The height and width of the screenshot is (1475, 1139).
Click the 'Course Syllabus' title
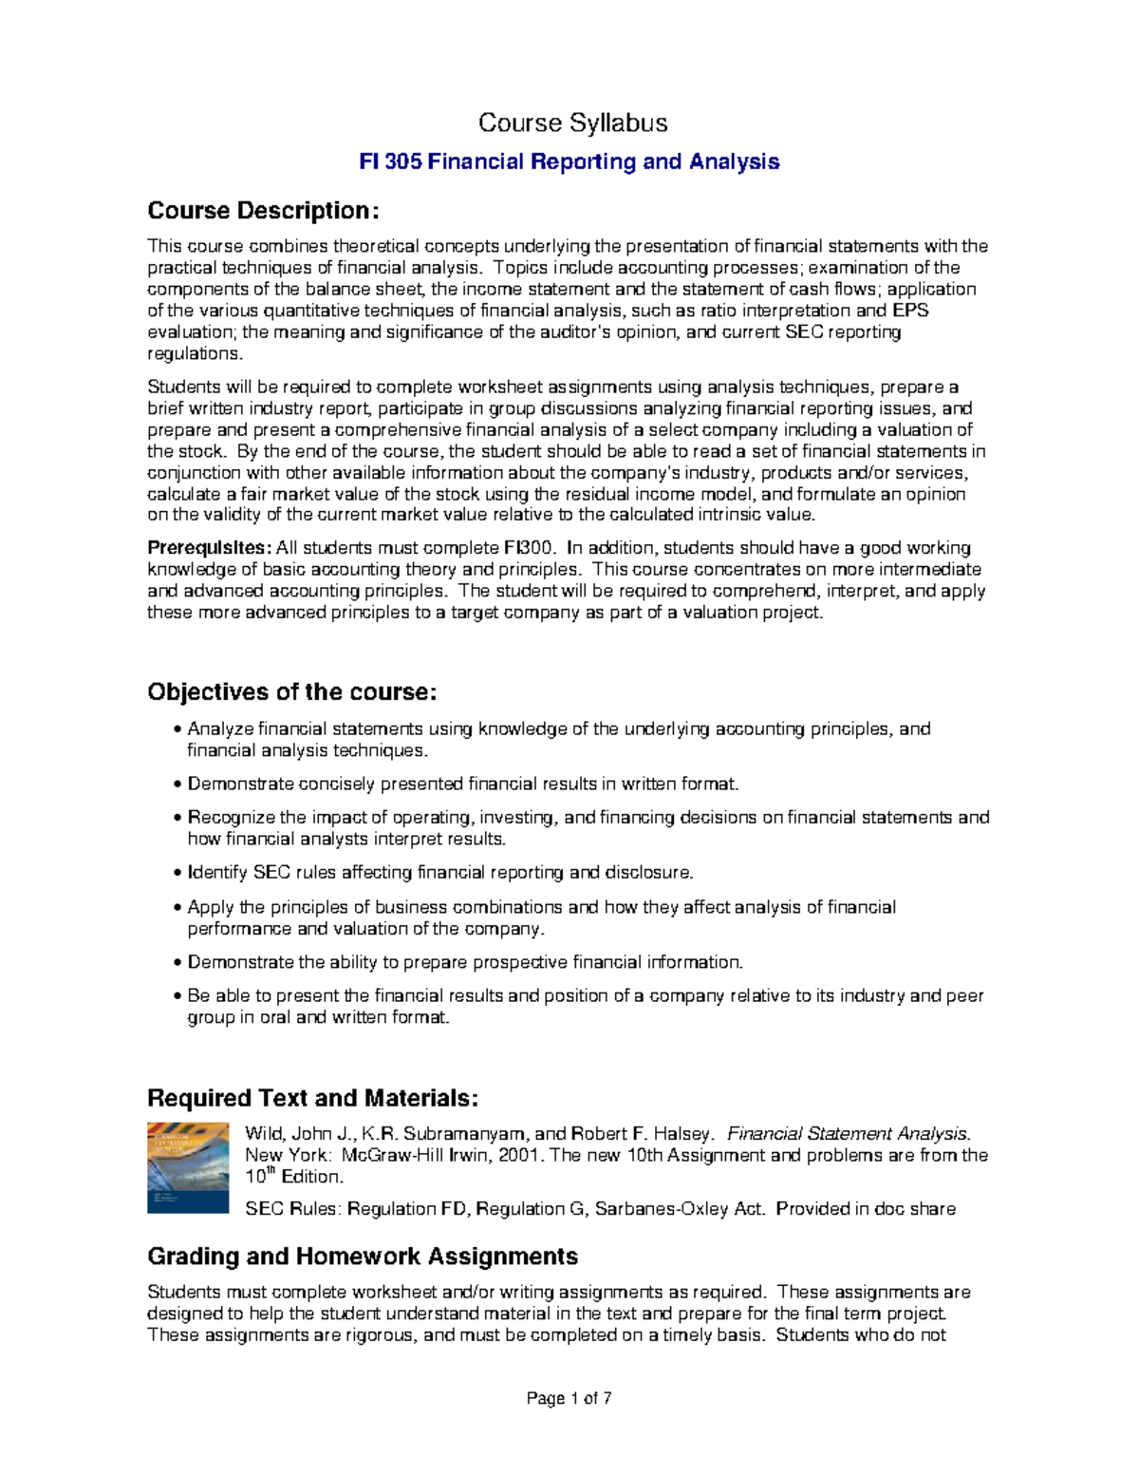(572, 123)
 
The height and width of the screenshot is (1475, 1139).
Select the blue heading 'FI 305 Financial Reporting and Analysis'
(569, 162)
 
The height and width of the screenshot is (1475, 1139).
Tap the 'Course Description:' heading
(263, 211)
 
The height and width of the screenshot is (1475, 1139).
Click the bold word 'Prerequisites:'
(209, 548)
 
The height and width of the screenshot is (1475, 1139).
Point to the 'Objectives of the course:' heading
(292, 692)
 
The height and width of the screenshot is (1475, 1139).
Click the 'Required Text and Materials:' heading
(313, 1099)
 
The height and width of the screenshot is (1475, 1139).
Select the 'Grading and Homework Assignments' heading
(363, 1257)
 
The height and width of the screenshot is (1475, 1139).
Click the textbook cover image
(188, 1167)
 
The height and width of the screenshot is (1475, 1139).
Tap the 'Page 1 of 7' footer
(569, 1399)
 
